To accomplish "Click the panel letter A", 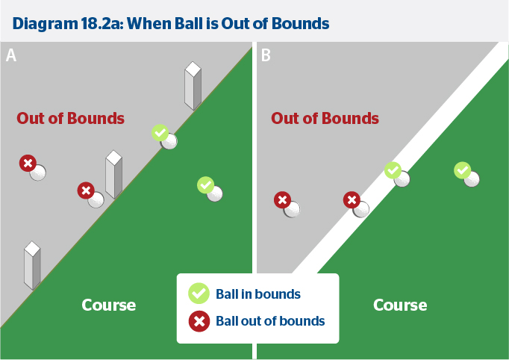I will pos(11,55).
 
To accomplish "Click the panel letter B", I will pos(266,55).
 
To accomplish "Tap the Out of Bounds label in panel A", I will pos(71,118).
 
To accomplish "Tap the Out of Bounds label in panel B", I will pos(325,118).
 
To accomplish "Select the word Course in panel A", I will pos(109,305).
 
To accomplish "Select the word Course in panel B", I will pos(400,305).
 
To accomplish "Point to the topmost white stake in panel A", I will pos(193,87).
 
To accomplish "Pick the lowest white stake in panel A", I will pos(32,265).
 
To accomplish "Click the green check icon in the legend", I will pos(199,293).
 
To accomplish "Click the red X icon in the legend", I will pos(199,321).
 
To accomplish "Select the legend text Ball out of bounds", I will pos(270,321).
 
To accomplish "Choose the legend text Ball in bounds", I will pos(258,294).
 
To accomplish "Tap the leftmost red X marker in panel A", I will pos(28,163).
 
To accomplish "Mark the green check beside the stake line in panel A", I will pos(160,132).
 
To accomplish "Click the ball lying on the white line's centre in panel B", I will pos(402,179).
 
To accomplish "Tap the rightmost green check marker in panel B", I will pos(463,170).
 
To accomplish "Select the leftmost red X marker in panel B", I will pos(282,199).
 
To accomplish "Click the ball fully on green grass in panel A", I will pos(215,193).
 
